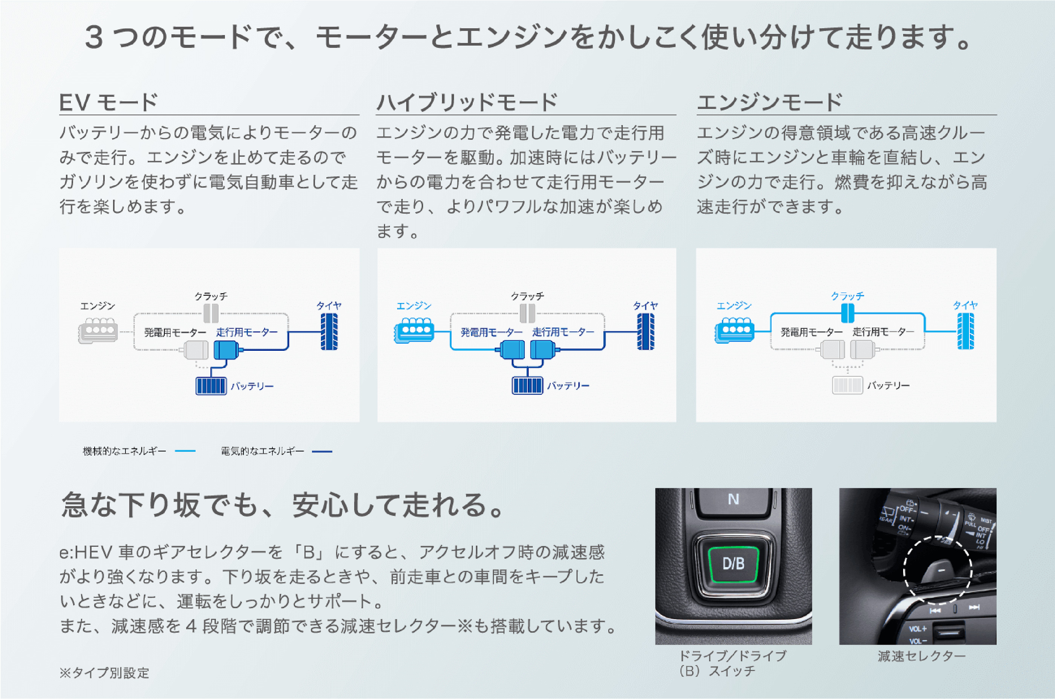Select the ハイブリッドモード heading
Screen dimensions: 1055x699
(x=467, y=102)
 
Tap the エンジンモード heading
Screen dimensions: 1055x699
(x=770, y=102)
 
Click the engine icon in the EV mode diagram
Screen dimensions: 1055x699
(x=98, y=330)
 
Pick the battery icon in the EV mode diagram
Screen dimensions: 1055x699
(x=211, y=385)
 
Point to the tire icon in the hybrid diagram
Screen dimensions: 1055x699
(x=645, y=332)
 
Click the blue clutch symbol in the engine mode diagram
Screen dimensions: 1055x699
(x=847, y=313)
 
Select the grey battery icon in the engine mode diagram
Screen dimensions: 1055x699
(x=847, y=385)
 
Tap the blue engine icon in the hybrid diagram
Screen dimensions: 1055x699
(x=414, y=330)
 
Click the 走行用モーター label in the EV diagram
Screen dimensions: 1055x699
(x=246, y=332)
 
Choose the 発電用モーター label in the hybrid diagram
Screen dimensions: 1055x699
(x=491, y=332)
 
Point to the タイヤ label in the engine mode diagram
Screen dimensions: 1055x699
(x=965, y=305)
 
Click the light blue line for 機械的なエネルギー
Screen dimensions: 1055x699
(x=185, y=451)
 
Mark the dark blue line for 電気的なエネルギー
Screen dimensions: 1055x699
(x=322, y=451)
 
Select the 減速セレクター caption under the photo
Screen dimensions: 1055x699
(x=922, y=656)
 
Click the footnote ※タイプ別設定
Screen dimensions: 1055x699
(x=104, y=673)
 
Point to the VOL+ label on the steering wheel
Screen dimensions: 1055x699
(x=918, y=629)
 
